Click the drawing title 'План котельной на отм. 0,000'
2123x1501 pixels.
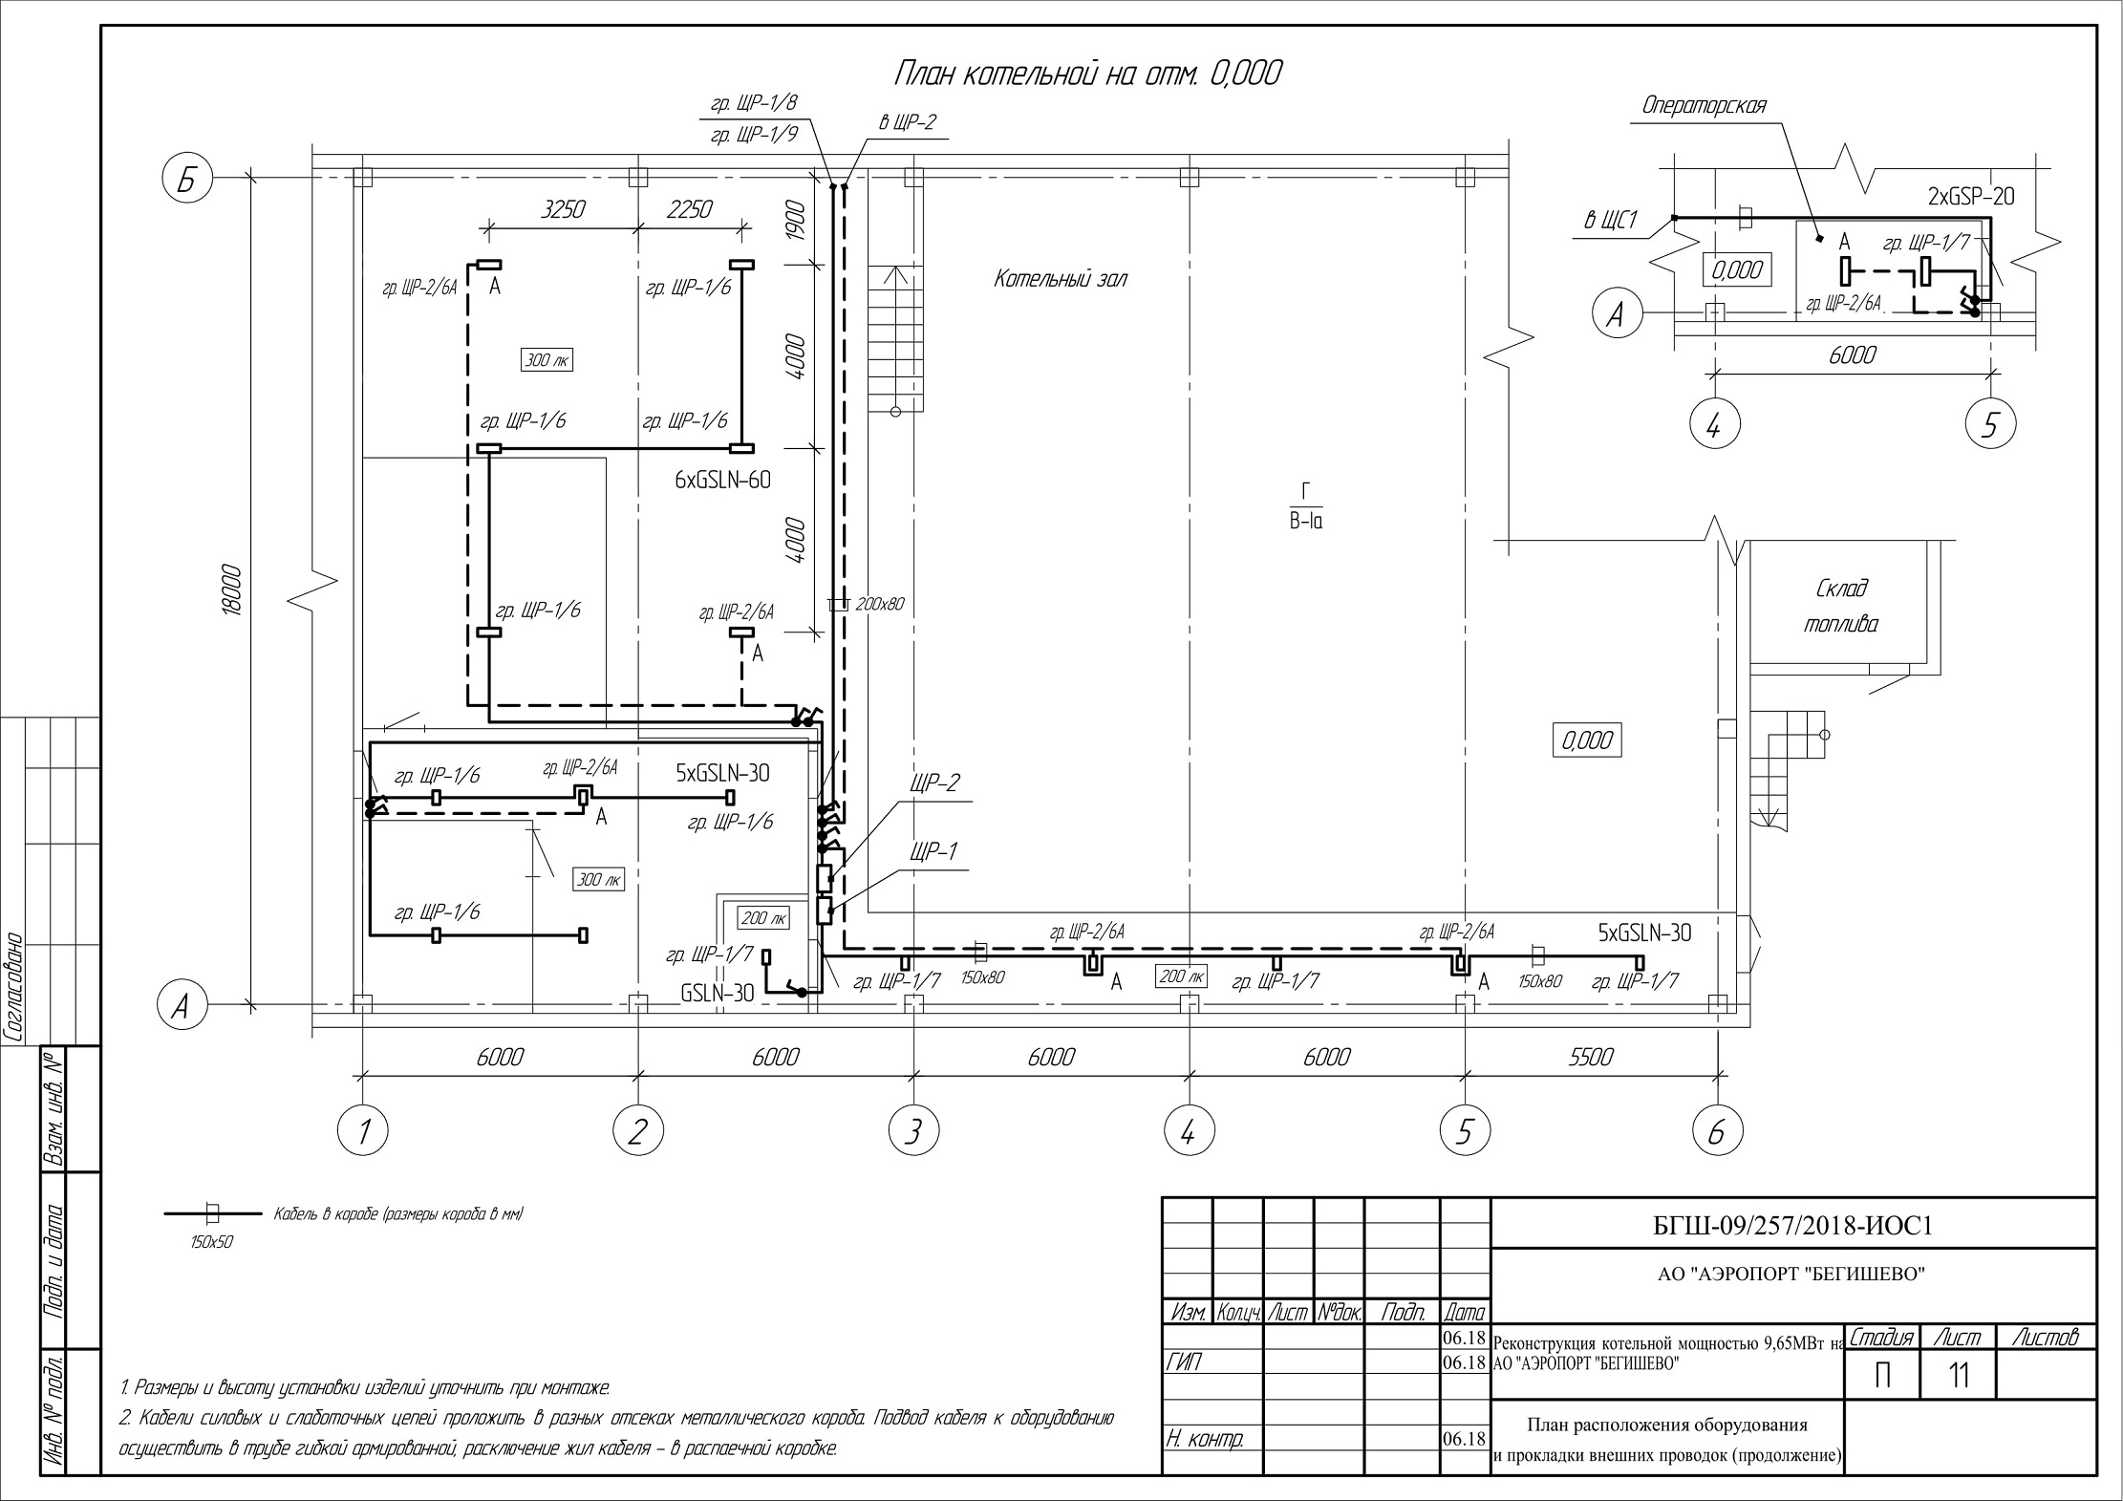pyautogui.click(x=1088, y=75)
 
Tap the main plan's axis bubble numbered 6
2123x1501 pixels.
pyautogui.click(x=1716, y=1132)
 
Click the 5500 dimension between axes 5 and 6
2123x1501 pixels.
pyautogui.click(x=1590, y=1057)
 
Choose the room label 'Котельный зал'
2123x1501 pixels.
pyautogui.click(x=1061, y=279)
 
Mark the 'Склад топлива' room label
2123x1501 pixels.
pyautogui.click(x=1840, y=606)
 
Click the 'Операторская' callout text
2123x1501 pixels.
pyautogui.click(x=1704, y=106)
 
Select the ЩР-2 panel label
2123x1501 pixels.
pyautogui.click(x=935, y=783)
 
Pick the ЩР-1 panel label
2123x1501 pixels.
pyautogui.click(x=933, y=851)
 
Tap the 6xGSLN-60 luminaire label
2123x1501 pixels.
pyautogui.click(x=722, y=481)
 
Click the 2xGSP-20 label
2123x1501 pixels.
pyautogui.click(x=1970, y=197)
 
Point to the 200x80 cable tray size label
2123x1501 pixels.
pyautogui.click(x=880, y=604)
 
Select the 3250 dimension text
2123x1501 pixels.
pyautogui.click(x=563, y=209)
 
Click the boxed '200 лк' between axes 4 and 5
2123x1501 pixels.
pyautogui.click(x=1182, y=976)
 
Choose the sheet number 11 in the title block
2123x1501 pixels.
pyautogui.click(x=1959, y=1376)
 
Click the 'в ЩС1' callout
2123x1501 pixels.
pyautogui.click(x=1611, y=223)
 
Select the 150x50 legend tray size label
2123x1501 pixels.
pyautogui.click(x=212, y=1242)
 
